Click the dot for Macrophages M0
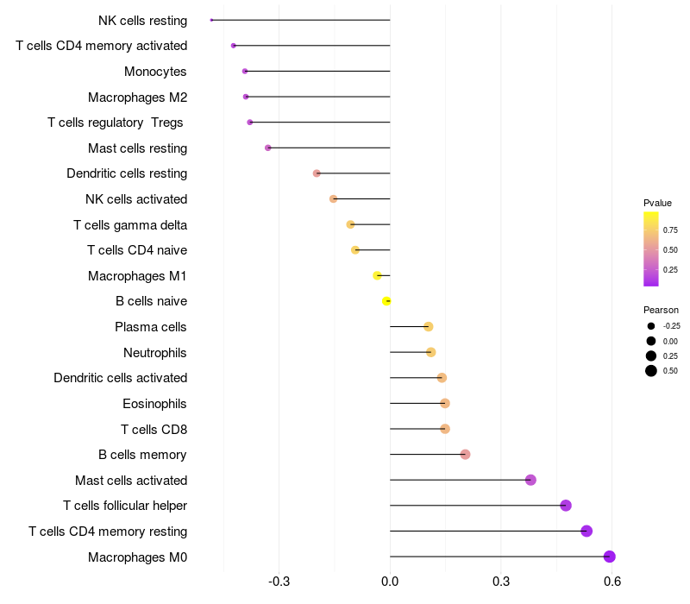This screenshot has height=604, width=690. (x=609, y=557)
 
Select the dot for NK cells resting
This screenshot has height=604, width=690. (x=211, y=20)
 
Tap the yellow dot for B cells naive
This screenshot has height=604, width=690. (x=387, y=301)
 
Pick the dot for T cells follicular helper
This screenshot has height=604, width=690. (x=566, y=506)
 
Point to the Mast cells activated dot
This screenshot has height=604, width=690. (x=530, y=480)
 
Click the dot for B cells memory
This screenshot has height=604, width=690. (x=465, y=455)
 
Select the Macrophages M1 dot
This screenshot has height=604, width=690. (x=377, y=275)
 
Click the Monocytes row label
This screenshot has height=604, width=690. (x=155, y=72)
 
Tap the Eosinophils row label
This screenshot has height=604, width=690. (x=155, y=404)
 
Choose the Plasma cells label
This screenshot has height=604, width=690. (x=151, y=327)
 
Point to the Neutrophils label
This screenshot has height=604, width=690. (x=155, y=353)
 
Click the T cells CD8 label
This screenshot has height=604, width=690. (x=154, y=429)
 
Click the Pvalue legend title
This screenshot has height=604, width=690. (x=657, y=203)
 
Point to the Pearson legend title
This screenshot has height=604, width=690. (x=661, y=310)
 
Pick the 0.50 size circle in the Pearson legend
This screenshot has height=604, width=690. (x=651, y=371)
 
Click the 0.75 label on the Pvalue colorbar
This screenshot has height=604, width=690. (x=670, y=230)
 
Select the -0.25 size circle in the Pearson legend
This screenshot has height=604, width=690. (x=651, y=326)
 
